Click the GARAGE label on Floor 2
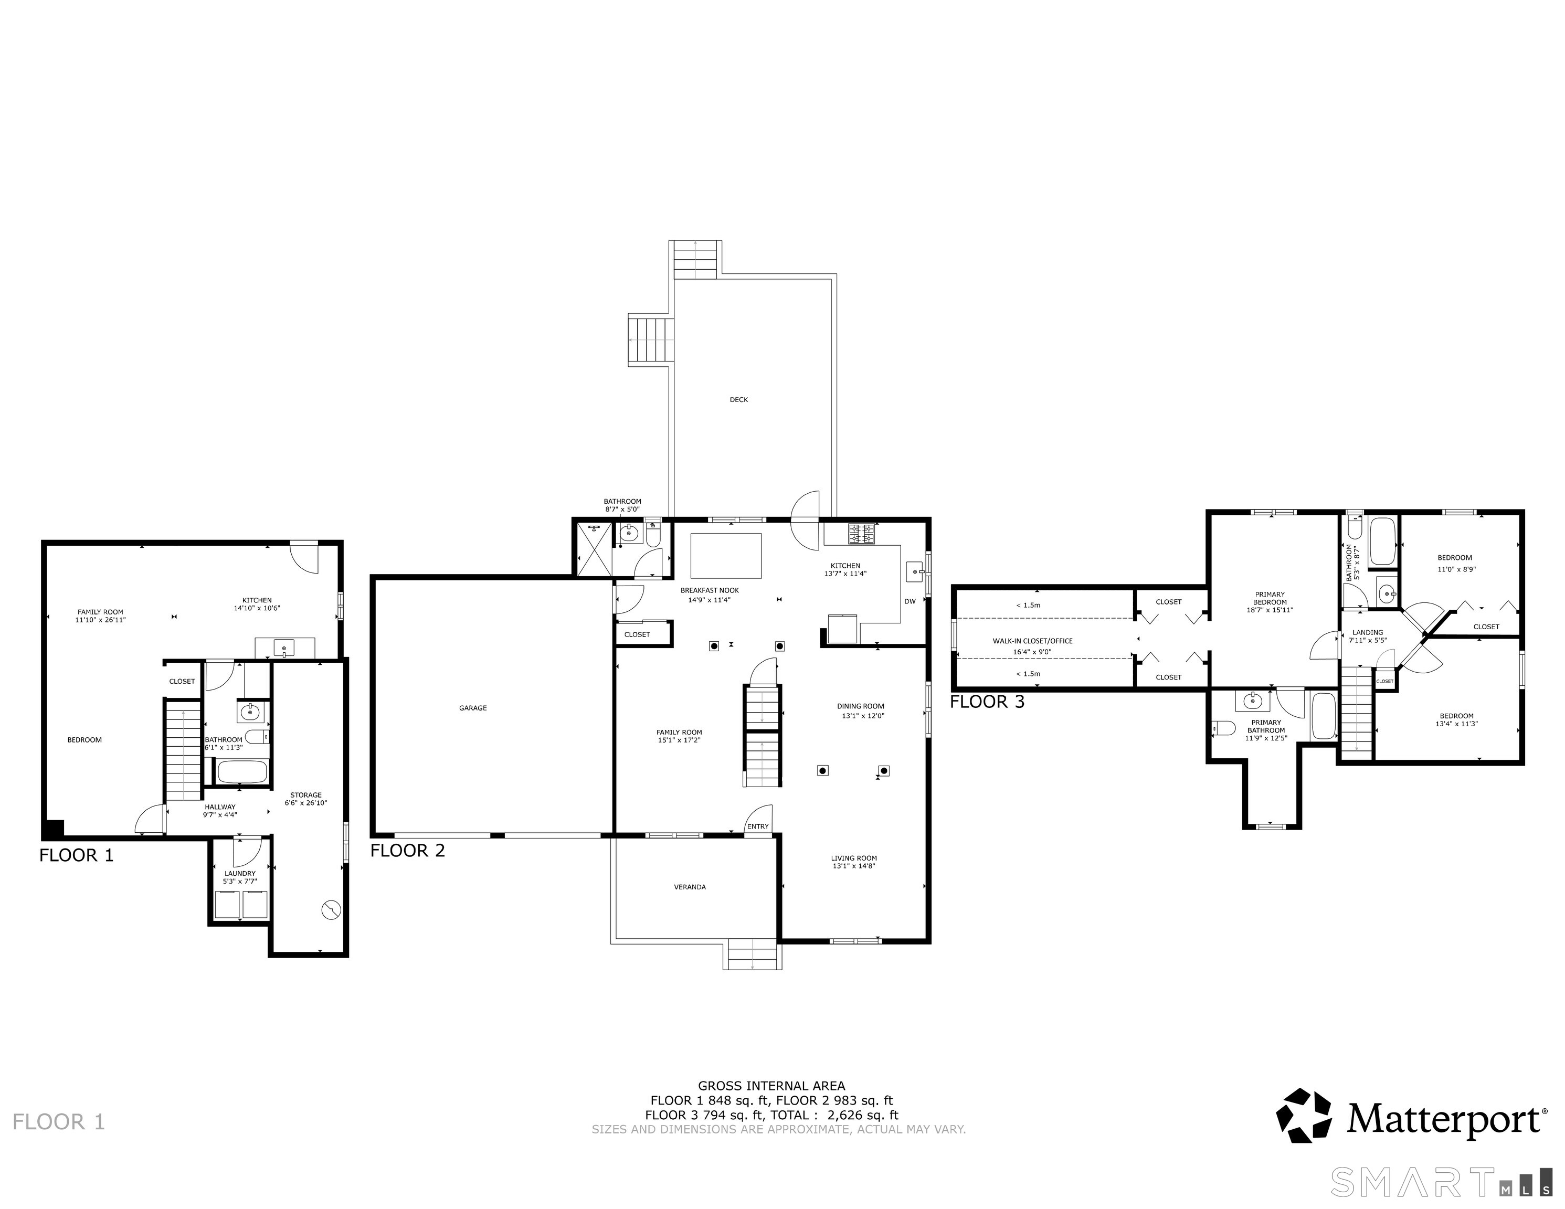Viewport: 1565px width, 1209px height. tap(473, 708)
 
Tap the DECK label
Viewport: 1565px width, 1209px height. tap(739, 400)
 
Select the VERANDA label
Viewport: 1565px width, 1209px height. tap(690, 887)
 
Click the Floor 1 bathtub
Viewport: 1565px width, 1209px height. tap(242, 772)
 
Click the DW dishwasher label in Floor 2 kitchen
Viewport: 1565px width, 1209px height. tap(910, 601)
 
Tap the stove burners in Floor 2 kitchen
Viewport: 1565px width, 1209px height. tap(861, 534)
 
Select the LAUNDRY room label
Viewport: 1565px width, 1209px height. tap(240, 874)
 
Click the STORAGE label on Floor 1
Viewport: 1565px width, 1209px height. tap(306, 795)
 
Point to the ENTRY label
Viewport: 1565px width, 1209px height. tap(758, 826)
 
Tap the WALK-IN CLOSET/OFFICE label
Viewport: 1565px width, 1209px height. tap(1033, 641)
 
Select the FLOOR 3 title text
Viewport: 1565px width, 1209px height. tap(988, 702)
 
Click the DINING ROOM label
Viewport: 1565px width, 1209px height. tap(861, 706)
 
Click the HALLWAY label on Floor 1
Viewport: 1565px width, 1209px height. tap(220, 807)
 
